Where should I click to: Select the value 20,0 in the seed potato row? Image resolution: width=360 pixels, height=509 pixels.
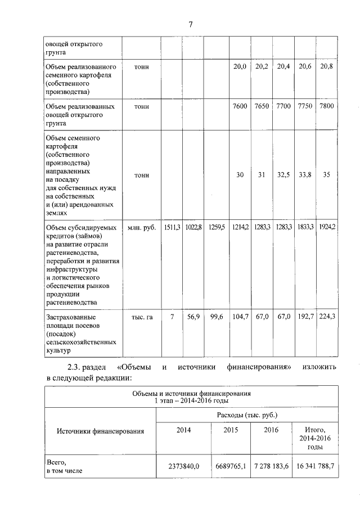(x=240, y=66)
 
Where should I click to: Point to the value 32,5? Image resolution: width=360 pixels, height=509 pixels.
(x=283, y=175)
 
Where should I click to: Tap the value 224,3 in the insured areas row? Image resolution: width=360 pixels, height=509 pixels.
(x=327, y=317)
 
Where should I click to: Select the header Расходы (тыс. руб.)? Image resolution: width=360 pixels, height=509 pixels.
(x=247, y=415)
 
